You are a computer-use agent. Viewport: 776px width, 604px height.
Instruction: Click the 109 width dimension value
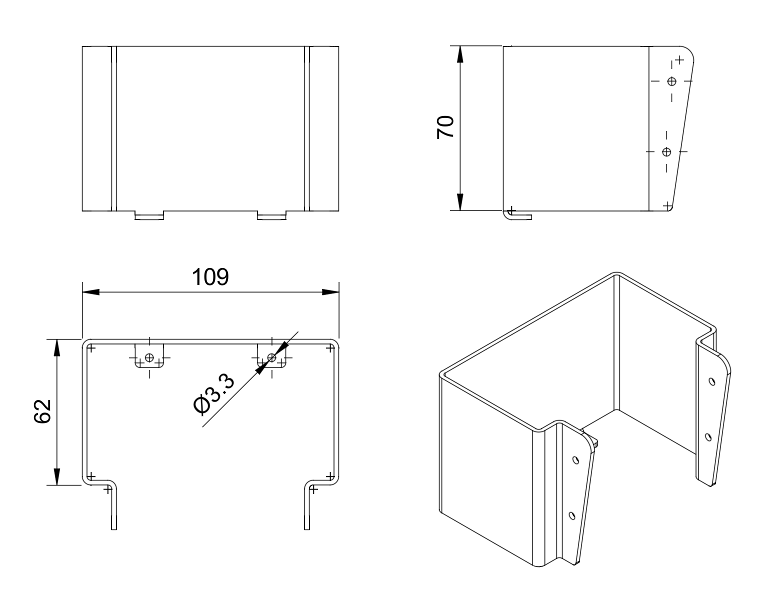click(210, 277)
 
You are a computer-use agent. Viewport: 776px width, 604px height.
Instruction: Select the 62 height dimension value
click(42, 411)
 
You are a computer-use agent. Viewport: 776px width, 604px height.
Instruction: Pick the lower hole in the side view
click(666, 151)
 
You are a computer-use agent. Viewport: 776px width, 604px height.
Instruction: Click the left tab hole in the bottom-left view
click(149, 357)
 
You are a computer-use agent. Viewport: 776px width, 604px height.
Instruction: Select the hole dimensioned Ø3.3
click(271, 357)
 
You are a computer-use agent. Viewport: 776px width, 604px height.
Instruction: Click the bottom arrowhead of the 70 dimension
click(460, 202)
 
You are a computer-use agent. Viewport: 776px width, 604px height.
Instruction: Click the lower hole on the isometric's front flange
click(572, 515)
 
